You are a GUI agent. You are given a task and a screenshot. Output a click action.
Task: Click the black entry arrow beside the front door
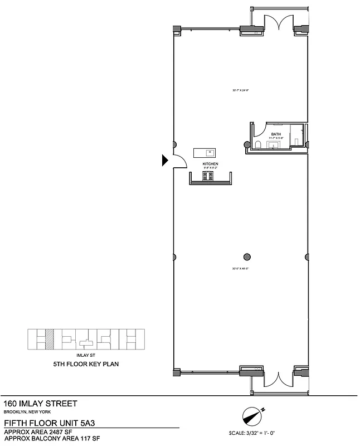(x=165, y=161)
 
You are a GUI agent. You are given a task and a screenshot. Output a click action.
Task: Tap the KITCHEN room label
(x=210, y=163)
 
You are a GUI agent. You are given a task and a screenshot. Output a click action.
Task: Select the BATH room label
(x=276, y=134)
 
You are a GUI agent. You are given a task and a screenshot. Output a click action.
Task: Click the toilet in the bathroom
(x=257, y=144)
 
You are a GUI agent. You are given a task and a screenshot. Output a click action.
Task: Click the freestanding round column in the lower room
(x=247, y=257)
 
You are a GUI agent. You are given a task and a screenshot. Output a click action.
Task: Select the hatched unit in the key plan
(x=50, y=339)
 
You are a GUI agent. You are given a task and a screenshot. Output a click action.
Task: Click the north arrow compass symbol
(x=252, y=415)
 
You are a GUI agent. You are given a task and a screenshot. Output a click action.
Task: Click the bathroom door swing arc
(x=257, y=130)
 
